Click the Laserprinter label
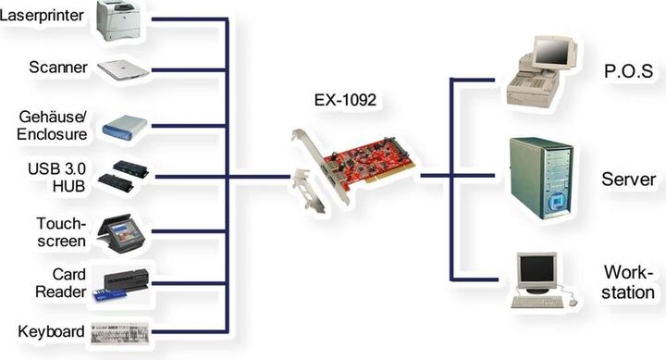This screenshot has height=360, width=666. click(43, 16)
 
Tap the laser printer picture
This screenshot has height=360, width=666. click(120, 20)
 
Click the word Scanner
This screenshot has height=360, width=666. click(58, 68)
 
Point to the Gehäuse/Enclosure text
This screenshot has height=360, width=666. click(53, 126)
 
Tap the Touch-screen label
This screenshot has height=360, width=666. click(61, 231)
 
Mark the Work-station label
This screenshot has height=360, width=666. click(629, 282)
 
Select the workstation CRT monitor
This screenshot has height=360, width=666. click(537, 270)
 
